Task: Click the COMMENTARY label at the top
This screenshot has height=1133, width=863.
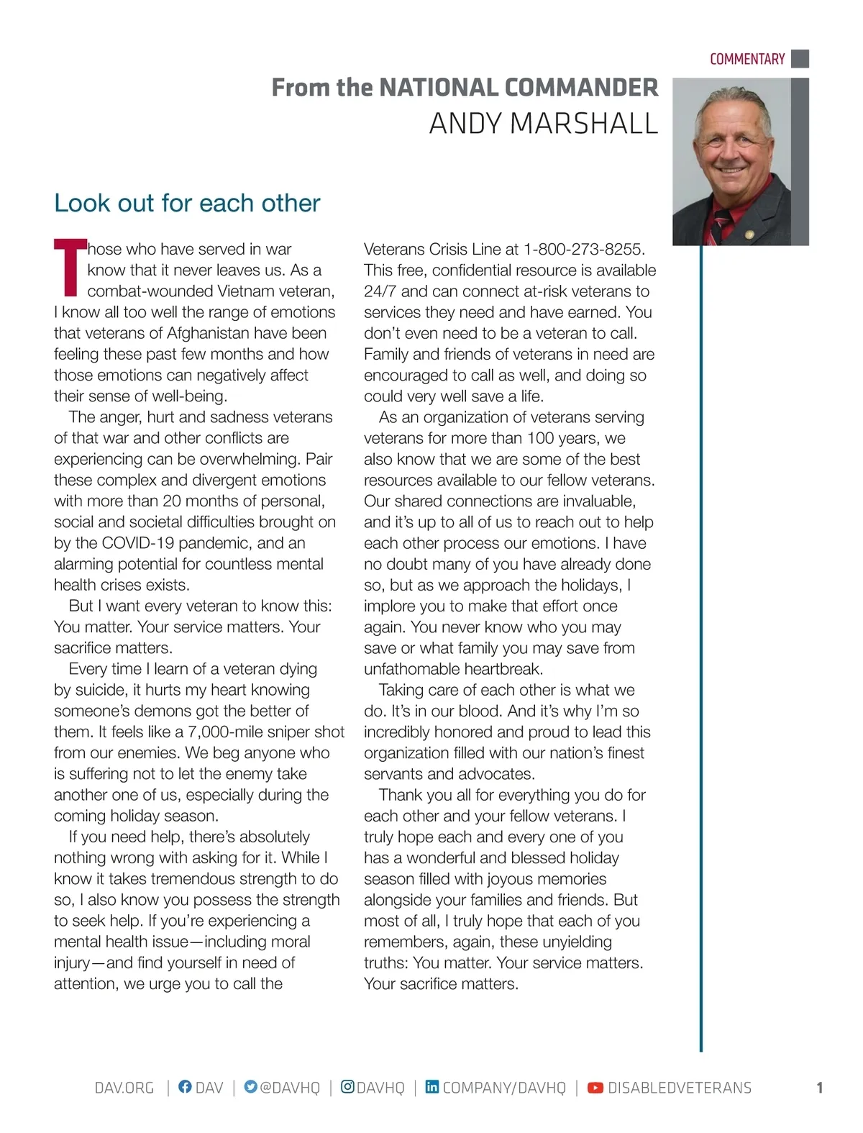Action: point(746,59)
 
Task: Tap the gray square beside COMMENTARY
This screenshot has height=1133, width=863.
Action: point(800,58)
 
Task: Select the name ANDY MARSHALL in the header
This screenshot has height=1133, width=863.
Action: point(543,124)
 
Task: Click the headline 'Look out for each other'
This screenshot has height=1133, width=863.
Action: point(187,204)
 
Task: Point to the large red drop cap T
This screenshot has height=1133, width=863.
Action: point(69,268)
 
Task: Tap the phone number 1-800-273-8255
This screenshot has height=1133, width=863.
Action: point(583,250)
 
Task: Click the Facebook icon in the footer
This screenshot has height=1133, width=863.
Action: point(185,1087)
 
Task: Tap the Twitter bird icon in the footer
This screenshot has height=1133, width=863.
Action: point(250,1087)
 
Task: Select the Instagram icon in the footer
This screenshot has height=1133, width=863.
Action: point(347,1087)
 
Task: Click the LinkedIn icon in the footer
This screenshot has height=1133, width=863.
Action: point(431,1087)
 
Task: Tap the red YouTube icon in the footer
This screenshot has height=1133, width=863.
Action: point(595,1088)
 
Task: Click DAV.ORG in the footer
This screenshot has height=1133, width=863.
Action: point(124,1088)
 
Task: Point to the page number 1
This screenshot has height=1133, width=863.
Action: point(819,1088)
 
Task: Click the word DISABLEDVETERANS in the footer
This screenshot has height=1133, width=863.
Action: point(679,1088)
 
